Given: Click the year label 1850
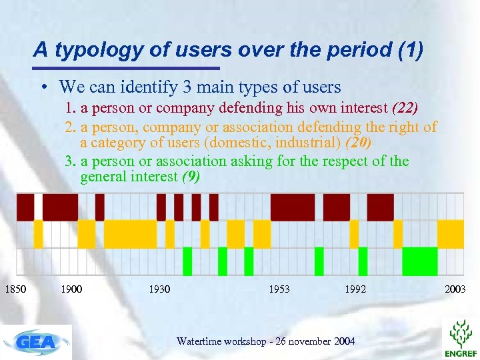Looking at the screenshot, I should pos(16,289).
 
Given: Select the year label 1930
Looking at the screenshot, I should pos(159,289).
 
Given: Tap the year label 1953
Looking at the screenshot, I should pos(279,289).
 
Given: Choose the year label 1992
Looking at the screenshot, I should pos(355,289).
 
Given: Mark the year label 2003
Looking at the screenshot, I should pos(455,289).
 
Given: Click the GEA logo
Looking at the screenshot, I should pos(36,342).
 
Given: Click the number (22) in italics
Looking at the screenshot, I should pos(405,108).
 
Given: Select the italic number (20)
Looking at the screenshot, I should pos(359,143).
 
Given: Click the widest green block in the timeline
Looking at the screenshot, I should pos(419,261).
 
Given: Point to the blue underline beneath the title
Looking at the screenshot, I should pos(127,68).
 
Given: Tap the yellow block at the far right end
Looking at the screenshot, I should pos(450,233).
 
